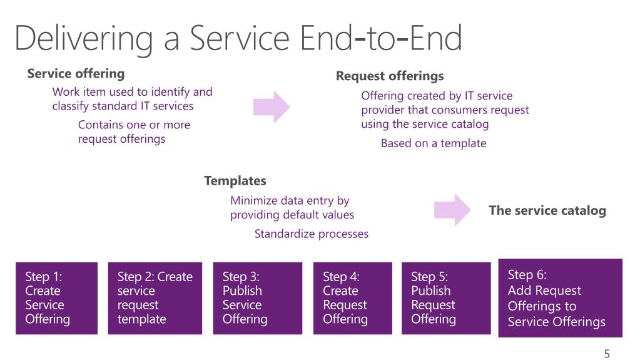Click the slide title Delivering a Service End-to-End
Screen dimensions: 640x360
[238, 38]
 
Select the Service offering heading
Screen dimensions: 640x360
[76, 73]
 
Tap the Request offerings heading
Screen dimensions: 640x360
[390, 76]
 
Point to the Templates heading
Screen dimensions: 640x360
[235, 180]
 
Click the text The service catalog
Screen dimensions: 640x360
[547, 210]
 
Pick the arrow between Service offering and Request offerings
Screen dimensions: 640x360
[272, 107]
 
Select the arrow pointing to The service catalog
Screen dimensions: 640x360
[452, 210]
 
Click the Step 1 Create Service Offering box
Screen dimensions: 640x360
[57, 298]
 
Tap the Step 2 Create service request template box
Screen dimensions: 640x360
[155, 298]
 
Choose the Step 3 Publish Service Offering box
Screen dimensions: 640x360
[258, 298]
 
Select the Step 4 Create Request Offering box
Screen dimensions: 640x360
[353, 298]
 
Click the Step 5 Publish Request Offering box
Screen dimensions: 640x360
[446, 298]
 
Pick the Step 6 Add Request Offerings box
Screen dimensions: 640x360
[561, 298]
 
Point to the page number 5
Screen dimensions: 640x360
[607, 354]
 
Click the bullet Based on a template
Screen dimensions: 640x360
[434, 143]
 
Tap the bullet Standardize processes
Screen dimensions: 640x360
[312, 234]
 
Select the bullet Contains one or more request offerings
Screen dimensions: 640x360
[135, 131]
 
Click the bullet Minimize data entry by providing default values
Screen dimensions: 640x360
[292, 208]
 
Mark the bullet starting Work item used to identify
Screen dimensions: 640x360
[132, 99]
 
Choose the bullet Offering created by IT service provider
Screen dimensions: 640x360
[445, 110]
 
